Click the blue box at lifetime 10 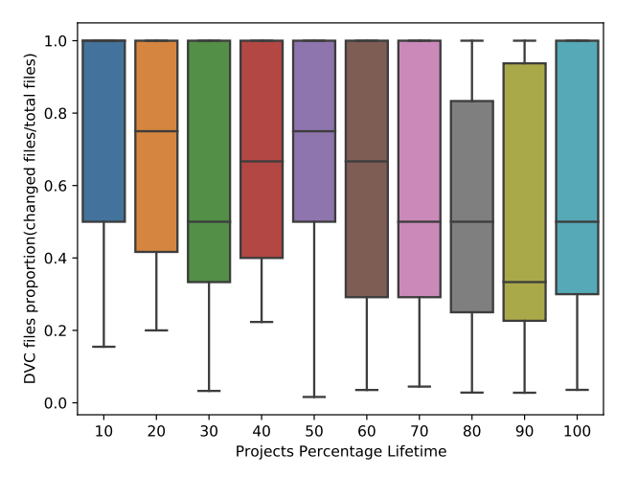pos(103,131)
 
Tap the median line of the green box pos(209,221)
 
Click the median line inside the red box pos(262,162)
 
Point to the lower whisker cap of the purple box pos(314,397)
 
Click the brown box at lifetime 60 pos(366,169)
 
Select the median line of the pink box pos(419,221)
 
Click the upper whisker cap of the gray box pos(471,40)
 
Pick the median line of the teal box pos(577,221)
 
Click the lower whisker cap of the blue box pos(103,347)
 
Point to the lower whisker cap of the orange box pos(156,330)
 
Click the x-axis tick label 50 pos(314,431)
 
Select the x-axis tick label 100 pos(577,431)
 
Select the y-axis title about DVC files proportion pos(32,222)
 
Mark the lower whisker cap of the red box pos(262,322)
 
